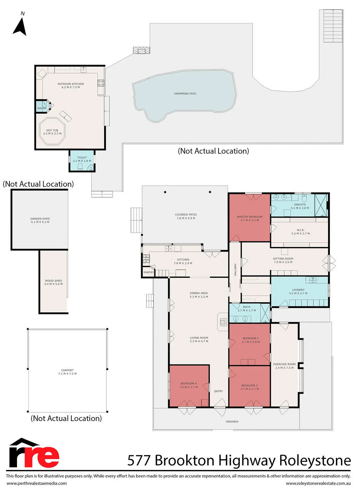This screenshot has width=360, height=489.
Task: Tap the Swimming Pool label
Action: coord(185,94)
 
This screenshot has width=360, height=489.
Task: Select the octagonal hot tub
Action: coord(52,131)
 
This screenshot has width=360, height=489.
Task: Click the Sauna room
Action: coord(42,107)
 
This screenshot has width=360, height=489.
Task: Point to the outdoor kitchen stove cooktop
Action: coord(101,83)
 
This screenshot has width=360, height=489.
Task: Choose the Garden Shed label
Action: coord(40,219)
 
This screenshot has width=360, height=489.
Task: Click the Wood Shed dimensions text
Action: coord(54,284)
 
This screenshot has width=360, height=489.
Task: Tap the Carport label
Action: coord(68,370)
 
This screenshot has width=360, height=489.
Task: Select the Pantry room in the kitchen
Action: coord(148,272)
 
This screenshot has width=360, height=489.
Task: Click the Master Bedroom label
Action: coord(250,217)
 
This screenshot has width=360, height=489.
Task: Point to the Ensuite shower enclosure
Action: coord(321,205)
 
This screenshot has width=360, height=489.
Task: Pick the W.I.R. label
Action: coord(300,230)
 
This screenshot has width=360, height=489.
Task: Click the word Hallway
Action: coord(235,270)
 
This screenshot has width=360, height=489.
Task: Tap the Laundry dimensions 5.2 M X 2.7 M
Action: coord(298,293)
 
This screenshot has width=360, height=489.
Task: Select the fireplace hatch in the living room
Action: coord(223,322)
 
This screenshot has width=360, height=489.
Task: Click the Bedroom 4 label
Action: coord(189,383)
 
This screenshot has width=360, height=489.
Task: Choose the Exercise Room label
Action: coord(284,364)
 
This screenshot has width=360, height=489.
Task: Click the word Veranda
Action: coord(232,421)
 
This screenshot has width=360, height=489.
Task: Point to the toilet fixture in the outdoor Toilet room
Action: coord(80,166)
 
